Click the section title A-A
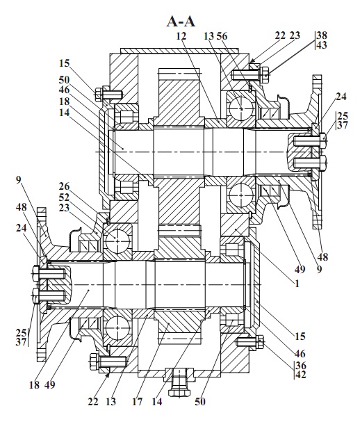click(x=181, y=22)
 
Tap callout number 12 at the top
click(x=181, y=36)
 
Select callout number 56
click(x=222, y=36)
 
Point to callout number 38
click(x=322, y=35)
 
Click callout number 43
click(x=322, y=44)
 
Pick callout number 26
click(x=64, y=186)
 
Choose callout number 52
click(x=64, y=197)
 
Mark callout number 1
click(x=297, y=284)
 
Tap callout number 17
click(x=138, y=402)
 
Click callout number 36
click(x=301, y=365)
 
